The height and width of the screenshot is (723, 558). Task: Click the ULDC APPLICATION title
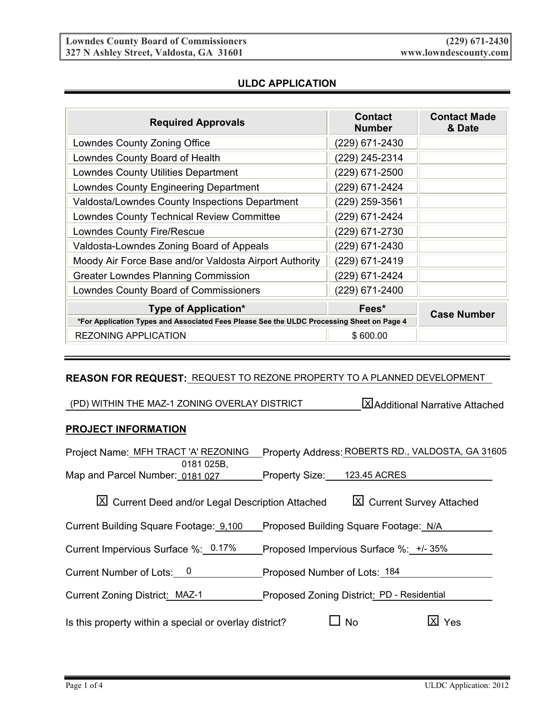[x=287, y=83]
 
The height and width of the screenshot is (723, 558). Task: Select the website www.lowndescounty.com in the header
[x=454, y=53]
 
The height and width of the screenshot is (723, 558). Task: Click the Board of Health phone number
[x=368, y=158]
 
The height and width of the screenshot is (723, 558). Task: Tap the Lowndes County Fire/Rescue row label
[x=139, y=231]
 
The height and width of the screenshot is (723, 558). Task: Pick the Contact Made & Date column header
[x=463, y=122]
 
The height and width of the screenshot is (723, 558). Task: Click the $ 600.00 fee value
[x=370, y=336]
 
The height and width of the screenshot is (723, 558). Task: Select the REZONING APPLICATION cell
[x=130, y=336]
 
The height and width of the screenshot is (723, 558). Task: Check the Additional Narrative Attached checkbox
[x=368, y=404]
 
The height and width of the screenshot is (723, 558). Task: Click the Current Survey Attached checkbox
[x=358, y=501]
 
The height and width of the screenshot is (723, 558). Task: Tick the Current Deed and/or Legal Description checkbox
[x=102, y=501]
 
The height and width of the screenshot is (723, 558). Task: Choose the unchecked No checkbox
[x=335, y=620]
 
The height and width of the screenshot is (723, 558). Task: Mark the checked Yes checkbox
[x=433, y=620]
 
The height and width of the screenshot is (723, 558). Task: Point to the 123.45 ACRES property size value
[x=375, y=475]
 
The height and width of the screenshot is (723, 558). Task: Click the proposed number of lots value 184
[x=392, y=571]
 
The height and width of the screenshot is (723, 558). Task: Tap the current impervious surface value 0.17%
[x=223, y=548]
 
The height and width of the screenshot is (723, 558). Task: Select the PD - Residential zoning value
[x=412, y=595]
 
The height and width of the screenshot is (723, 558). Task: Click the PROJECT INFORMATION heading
[x=126, y=429]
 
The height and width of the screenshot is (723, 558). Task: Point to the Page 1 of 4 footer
[x=84, y=686]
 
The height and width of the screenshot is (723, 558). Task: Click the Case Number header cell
[x=463, y=314]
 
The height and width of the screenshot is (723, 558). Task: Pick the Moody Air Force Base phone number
[x=368, y=261]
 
